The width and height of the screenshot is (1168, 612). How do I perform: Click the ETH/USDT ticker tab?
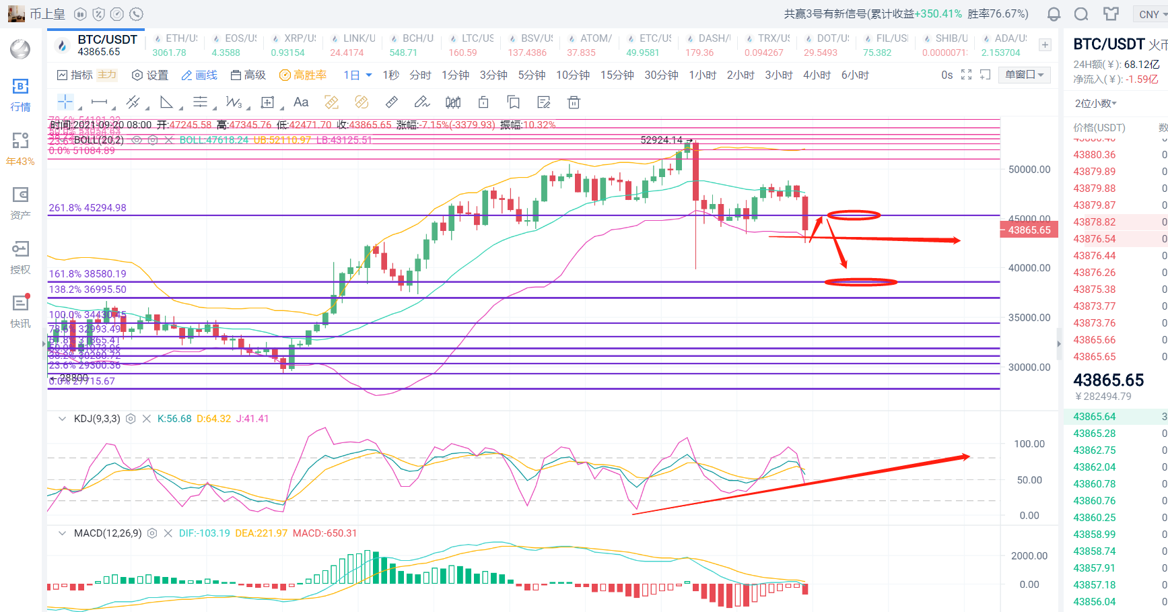coord(175,44)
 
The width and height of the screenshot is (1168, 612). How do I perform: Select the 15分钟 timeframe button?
coord(617,75)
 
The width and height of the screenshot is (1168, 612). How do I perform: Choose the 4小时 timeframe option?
coord(817,75)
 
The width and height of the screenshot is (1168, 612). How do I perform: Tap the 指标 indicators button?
coord(75,75)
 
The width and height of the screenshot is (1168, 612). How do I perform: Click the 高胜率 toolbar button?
coord(303,75)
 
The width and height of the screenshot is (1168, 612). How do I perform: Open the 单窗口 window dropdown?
coord(1024,75)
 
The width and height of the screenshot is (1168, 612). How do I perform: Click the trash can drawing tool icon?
coord(574,102)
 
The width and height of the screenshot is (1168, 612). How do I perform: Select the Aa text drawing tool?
coord(301,102)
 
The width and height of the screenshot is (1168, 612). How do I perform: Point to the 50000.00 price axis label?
coord(1029,170)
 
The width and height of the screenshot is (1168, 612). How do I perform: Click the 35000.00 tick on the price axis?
coord(1029,318)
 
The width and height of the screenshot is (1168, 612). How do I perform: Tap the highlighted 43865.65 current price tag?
coord(1029,230)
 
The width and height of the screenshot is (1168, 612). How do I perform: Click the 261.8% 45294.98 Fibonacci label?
coord(88,208)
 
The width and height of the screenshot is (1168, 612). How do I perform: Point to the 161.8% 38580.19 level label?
coord(88,274)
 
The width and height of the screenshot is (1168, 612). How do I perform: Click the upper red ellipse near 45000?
coord(853,215)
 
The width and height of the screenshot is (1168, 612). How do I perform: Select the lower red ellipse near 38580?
coord(860,282)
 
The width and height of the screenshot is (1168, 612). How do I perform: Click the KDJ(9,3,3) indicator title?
coord(97,419)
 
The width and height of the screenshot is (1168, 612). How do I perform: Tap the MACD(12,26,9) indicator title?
coord(108,533)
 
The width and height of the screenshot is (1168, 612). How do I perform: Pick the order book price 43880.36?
coord(1094,155)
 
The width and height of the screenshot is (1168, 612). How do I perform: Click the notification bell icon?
coord(1054,14)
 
